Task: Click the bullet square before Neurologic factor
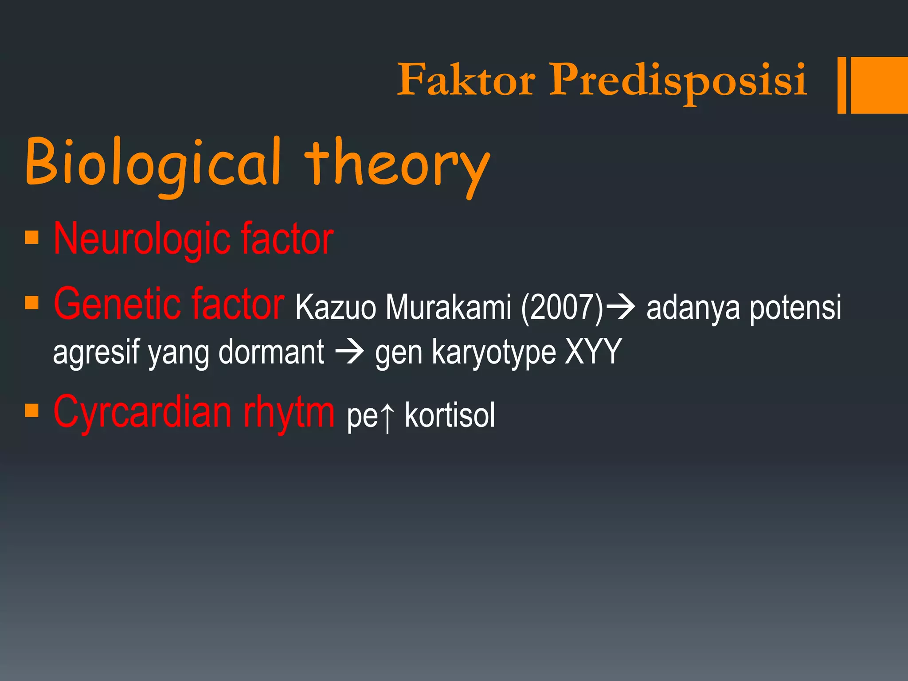[x=32, y=238]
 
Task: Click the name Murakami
[x=448, y=307]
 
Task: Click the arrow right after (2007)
[x=621, y=306]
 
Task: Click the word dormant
[x=271, y=352]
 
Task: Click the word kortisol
[x=450, y=416]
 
